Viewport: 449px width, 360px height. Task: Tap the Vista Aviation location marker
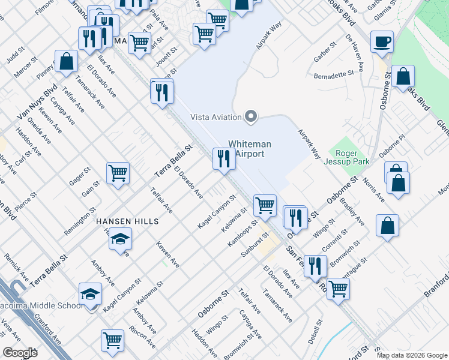tap(252, 116)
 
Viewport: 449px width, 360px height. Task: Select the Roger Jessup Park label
tap(342, 157)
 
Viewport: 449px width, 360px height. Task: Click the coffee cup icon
tap(382, 42)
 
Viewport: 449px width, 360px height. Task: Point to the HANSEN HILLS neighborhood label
tap(127, 221)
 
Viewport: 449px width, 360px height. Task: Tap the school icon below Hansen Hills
tap(121, 239)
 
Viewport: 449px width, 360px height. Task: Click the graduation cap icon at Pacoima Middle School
tap(91, 294)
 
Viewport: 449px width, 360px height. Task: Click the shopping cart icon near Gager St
tap(118, 173)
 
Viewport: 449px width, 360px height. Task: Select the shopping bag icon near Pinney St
tap(66, 61)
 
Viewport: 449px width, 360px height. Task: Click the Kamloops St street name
tap(243, 236)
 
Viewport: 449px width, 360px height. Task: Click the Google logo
tap(20, 353)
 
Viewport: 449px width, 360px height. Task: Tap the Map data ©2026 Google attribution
tap(412, 355)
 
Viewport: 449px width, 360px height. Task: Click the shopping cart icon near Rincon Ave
tap(112, 341)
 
